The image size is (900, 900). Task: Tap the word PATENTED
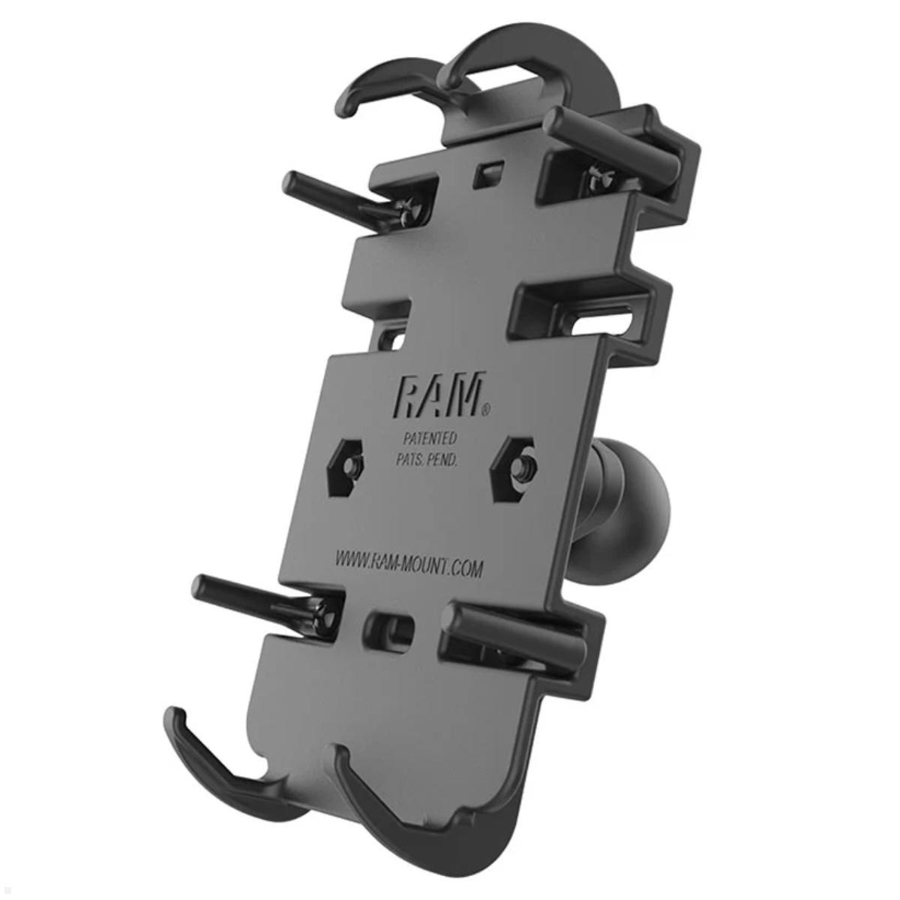pos(427,439)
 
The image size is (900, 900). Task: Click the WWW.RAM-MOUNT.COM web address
pos(408,564)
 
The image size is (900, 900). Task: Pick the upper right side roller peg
pos(615,139)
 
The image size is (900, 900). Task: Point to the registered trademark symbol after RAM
pos(486,409)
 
